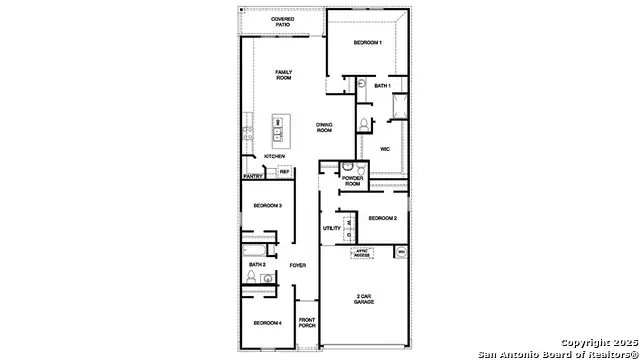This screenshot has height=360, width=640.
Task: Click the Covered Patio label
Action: [282, 22]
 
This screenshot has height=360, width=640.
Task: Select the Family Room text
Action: [290, 76]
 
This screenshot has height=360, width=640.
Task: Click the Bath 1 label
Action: [381, 87]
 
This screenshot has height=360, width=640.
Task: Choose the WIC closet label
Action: [384, 149]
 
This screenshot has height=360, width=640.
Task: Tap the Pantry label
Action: [253, 176]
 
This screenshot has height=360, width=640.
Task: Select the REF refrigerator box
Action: [284, 172]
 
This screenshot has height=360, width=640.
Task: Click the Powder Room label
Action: [352, 182]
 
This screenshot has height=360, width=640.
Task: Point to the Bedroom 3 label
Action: [266, 205]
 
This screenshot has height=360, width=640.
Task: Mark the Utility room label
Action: [332, 228]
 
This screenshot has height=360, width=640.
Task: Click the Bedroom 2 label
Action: [382, 218]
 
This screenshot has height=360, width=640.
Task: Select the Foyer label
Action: [297, 265]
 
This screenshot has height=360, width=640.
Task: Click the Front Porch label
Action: [307, 323]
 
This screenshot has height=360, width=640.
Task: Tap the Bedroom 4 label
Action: [266, 322]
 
